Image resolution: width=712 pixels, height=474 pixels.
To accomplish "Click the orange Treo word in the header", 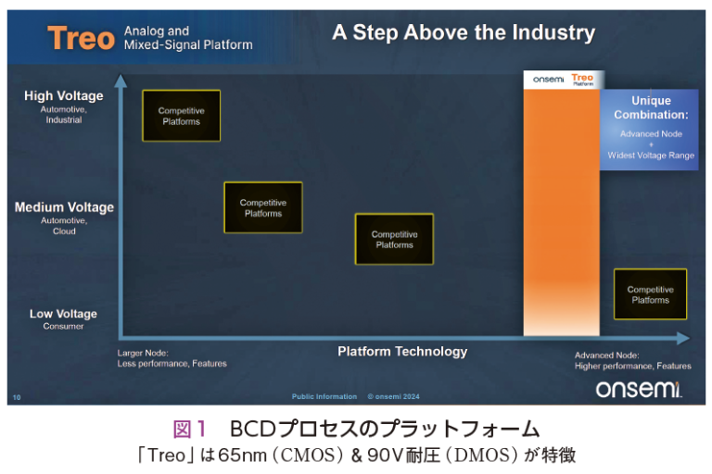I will [x=82, y=38].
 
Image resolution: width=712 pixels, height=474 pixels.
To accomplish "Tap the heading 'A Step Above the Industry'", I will [x=464, y=34].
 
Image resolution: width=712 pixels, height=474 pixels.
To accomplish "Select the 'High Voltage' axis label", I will [x=64, y=96].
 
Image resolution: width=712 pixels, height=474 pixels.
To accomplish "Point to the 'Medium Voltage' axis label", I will [x=64, y=207].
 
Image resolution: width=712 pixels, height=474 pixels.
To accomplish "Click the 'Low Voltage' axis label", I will [x=63, y=314].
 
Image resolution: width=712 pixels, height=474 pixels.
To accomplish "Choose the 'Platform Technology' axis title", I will [x=402, y=352].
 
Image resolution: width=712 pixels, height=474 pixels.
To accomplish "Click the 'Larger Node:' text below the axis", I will [x=142, y=353].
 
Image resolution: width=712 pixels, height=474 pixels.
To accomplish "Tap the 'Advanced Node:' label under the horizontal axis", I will [x=606, y=355].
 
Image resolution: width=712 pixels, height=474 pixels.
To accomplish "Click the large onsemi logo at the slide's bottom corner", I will [x=639, y=389].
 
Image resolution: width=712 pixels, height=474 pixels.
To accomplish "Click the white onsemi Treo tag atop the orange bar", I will [x=562, y=80].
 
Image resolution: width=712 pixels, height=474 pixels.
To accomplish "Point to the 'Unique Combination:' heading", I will [x=651, y=107].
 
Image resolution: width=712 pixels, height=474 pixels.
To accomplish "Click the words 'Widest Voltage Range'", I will [x=651, y=156].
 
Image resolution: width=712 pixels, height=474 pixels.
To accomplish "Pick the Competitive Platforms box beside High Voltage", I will [x=182, y=116].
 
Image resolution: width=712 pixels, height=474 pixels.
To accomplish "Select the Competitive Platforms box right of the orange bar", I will [x=650, y=294].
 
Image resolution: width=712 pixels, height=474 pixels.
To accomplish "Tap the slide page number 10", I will [x=16, y=397].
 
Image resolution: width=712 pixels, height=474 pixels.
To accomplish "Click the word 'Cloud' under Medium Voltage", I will [x=64, y=231].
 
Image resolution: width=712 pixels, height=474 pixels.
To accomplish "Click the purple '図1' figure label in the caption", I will [x=189, y=430].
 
